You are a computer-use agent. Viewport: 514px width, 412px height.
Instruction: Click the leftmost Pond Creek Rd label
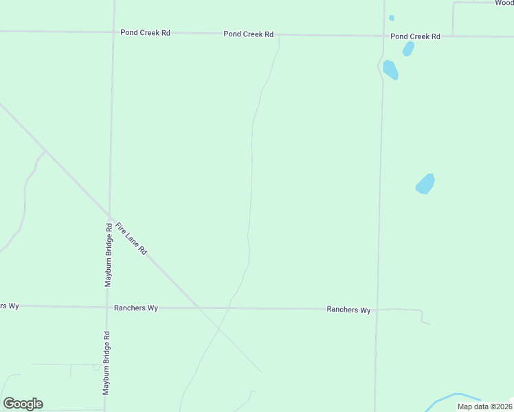[145, 32]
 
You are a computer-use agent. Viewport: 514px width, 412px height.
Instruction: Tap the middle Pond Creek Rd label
[248, 34]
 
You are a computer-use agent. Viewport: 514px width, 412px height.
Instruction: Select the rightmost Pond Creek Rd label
[415, 36]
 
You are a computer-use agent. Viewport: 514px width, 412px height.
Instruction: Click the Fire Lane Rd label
[131, 239]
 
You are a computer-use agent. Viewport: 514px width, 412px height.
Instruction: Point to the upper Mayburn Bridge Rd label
[109, 254]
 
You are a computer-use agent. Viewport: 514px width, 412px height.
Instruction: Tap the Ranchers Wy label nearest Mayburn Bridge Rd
[136, 308]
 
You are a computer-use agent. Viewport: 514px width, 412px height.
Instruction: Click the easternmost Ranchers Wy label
[348, 310]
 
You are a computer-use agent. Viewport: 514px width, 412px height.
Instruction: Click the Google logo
[23, 404]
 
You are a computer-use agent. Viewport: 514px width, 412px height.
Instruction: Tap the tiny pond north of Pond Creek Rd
[392, 18]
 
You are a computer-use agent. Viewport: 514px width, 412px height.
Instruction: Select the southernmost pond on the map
[425, 184]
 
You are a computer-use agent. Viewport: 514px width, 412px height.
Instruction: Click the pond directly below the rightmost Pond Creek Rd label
[408, 49]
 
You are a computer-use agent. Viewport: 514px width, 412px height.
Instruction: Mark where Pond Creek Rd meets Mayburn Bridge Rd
[113, 32]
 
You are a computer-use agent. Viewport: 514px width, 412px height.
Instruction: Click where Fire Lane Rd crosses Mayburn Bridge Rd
[109, 214]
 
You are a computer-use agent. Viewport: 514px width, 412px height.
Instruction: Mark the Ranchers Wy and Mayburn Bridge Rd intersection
[106, 307]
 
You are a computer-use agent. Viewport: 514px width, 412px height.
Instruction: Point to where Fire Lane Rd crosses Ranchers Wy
[198, 308]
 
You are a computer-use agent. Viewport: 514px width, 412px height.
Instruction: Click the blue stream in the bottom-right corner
[454, 396]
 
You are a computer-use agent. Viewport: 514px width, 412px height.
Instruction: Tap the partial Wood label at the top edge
[504, 3]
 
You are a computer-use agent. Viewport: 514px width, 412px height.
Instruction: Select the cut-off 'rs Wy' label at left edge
[9, 306]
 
